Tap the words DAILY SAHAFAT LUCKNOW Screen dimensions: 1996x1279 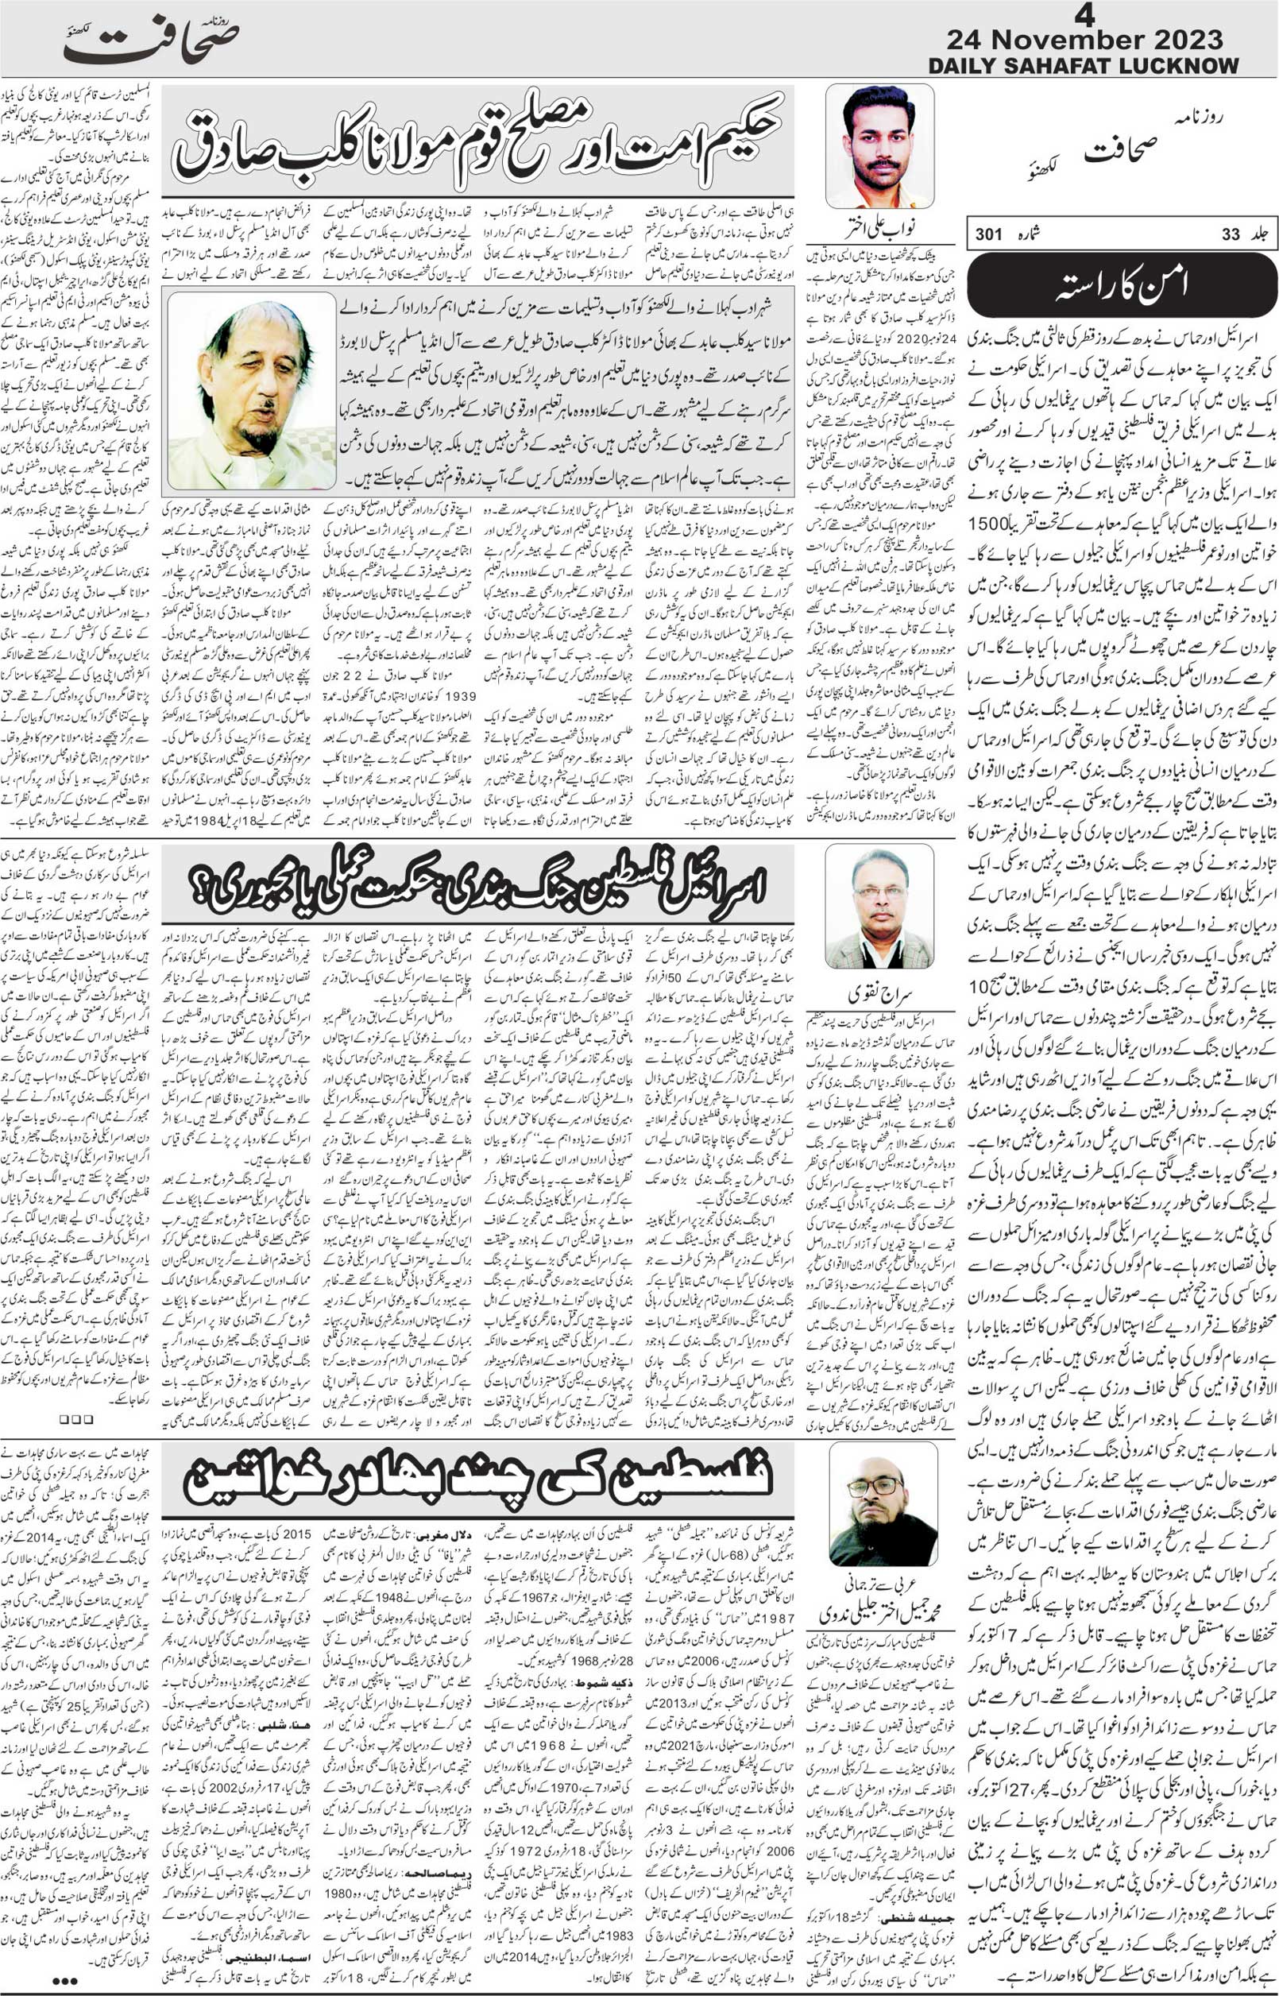(1083, 66)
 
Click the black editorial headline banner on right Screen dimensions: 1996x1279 (1121, 285)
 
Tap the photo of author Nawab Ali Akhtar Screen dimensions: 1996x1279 (879, 147)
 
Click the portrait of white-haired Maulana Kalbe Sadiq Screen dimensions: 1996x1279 (251, 390)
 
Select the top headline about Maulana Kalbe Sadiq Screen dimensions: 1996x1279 (477, 139)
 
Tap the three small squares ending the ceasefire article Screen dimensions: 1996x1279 (75, 1421)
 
